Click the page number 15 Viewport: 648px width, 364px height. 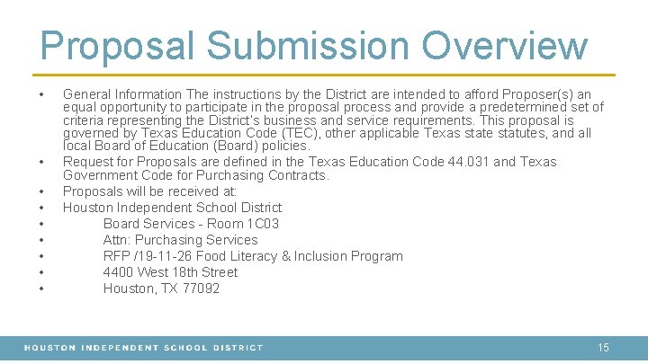coord(603,347)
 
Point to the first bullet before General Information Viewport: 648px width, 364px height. coord(42,94)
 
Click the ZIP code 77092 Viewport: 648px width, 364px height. coord(199,289)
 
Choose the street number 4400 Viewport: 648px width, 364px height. coord(119,272)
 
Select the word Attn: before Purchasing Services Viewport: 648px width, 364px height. coord(118,240)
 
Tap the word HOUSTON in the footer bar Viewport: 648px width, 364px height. coord(49,347)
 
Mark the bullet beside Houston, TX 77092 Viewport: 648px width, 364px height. coord(42,289)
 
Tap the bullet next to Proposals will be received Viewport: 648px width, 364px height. coord(42,191)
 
